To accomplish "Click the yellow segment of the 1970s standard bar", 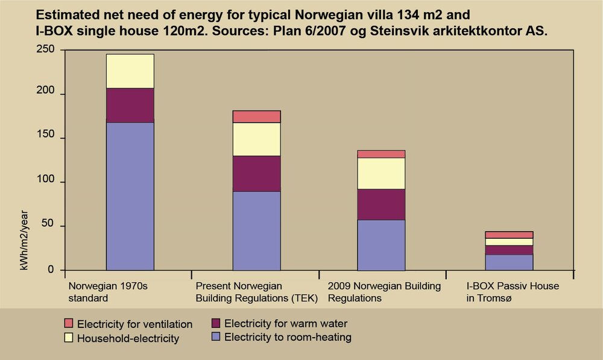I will (130, 71).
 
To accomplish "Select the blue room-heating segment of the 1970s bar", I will (130, 196).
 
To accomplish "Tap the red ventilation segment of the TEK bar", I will (257, 116).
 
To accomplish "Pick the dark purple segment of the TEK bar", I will (257, 174).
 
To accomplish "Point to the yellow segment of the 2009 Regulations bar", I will (381, 173).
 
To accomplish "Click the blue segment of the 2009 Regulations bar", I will (381, 245).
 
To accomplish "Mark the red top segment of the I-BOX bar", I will (509, 235).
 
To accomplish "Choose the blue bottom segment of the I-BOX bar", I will (509, 262).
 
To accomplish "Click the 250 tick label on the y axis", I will (45, 50).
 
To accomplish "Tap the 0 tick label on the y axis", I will (51, 270).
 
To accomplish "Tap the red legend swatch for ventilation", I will (68, 324).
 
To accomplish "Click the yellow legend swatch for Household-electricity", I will (68, 338).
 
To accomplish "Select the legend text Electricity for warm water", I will (285, 324).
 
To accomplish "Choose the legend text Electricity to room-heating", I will (288, 338).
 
